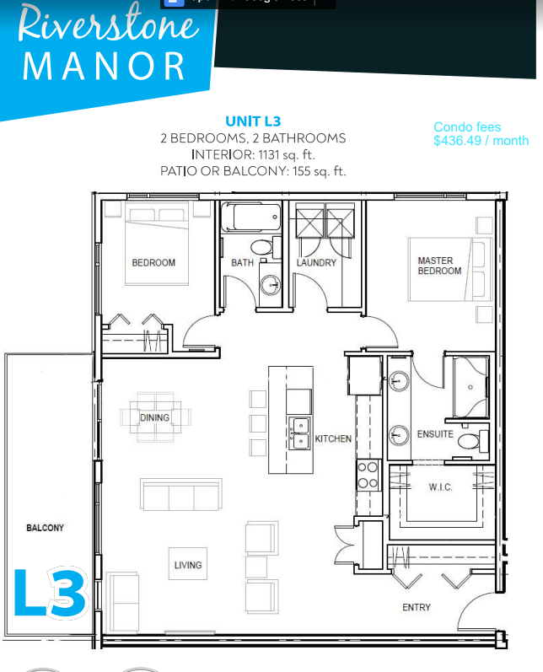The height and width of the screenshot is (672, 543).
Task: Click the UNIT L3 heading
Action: (252, 121)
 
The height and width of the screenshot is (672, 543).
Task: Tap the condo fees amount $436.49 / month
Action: (481, 141)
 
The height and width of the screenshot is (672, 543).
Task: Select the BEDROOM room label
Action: (153, 263)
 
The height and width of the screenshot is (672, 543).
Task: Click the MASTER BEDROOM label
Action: (439, 266)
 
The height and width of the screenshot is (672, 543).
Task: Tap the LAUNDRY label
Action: (316, 263)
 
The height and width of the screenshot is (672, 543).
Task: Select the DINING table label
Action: (155, 417)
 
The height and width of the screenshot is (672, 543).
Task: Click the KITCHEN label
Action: (333, 439)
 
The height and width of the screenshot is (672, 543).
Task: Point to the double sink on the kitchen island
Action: (298, 431)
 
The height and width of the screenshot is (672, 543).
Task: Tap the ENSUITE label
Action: (435, 435)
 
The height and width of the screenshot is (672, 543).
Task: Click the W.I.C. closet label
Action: (440, 487)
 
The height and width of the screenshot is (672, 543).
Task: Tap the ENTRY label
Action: (416, 607)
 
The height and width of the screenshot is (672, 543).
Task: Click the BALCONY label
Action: (45, 528)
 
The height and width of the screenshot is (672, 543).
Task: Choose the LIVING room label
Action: (188, 565)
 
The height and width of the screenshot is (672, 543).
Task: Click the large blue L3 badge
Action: (51, 594)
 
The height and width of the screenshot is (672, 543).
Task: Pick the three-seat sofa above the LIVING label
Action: (181, 495)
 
